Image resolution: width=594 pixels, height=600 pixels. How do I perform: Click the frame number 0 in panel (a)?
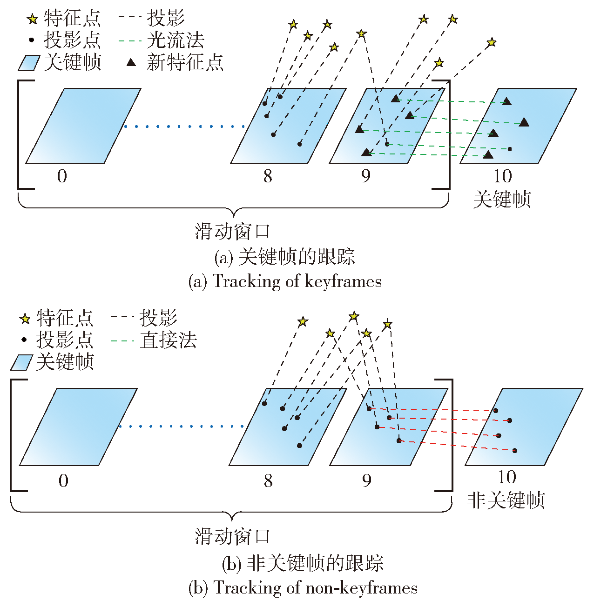click(x=62, y=176)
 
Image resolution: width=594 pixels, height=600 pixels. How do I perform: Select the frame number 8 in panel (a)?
click(x=268, y=176)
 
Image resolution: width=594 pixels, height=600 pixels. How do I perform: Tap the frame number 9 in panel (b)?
click(x=367, y=481)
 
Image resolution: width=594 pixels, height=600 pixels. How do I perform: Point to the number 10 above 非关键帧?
click(x=507, y=477)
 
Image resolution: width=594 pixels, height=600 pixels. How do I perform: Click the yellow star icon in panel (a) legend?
click(x=32, y=19)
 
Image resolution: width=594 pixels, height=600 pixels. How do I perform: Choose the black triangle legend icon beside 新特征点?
click(x=131, y=62)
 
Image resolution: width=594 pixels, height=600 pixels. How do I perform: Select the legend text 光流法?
click(x=175, y=40)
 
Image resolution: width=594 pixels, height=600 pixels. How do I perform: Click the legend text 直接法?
click(x=168, y=340)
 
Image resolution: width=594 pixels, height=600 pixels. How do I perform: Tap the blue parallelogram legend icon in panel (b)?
click(x=22, y=362)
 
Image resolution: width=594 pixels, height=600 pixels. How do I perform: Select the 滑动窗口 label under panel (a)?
click(x=232, y=231)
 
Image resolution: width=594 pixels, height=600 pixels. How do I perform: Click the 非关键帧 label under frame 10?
click(x=506, y=500)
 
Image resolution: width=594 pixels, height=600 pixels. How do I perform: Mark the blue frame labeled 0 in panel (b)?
click(x=78, y=427)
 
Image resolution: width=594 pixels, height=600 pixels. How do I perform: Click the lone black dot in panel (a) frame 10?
click(x=510, y=149)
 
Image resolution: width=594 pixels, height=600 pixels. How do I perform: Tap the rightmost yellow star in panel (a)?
click(x=492, y=42)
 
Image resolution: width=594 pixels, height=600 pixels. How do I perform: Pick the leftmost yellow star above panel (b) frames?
click(x=303, y=321)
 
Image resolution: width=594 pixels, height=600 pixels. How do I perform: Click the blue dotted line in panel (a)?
click(x=184, y=127)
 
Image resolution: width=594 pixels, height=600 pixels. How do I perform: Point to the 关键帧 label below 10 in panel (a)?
click(x=502, y=199)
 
